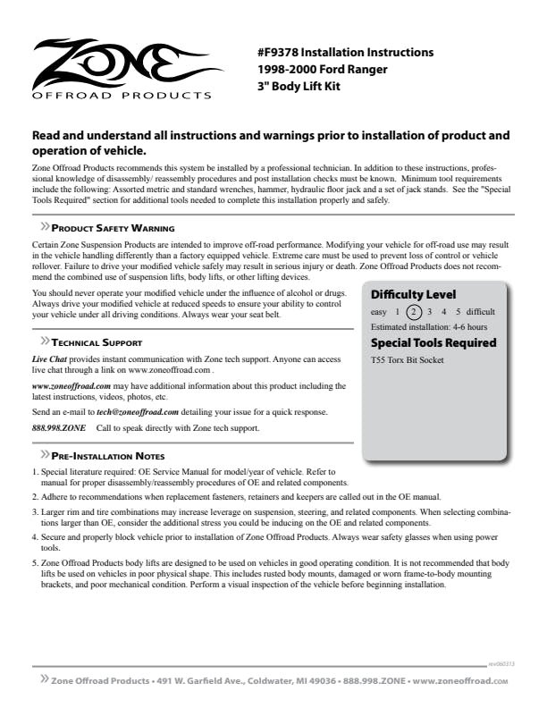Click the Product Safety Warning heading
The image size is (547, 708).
click(x=113, y=229)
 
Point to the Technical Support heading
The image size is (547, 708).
click(x=97, y=342)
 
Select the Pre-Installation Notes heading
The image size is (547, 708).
click(x=107, y=457)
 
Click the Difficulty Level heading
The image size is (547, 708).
click(x=413, y=294)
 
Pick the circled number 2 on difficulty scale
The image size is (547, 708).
click(x=413, y=312)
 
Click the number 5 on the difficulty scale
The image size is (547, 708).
click(x=459, y=312)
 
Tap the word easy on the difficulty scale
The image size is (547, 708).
click(x=379, y=312)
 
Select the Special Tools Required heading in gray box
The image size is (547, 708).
click(x=433, y=342)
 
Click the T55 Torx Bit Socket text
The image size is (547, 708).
click(x=408, y=360)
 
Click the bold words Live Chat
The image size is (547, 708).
click(x=49, y=358)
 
